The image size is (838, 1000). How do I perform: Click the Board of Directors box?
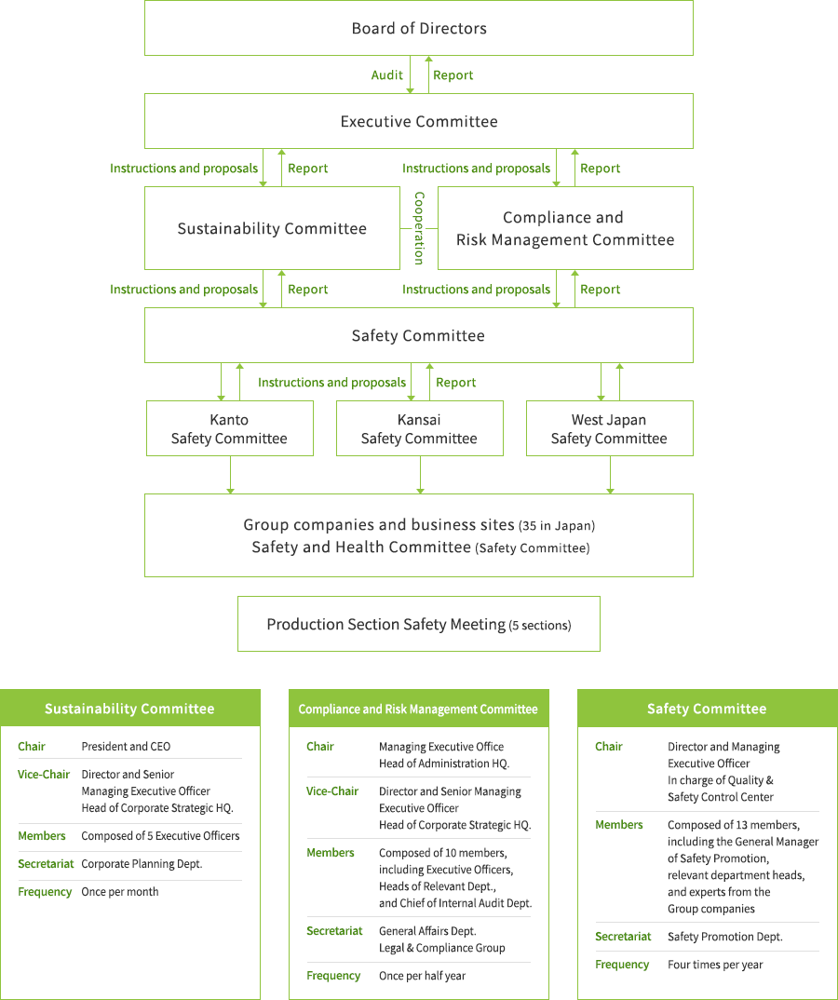tap(419, 28)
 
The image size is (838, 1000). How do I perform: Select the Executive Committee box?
tap(419, 121)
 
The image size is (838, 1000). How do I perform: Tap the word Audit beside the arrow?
tap(387, 75)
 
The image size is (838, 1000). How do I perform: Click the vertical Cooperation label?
tap(419, 228)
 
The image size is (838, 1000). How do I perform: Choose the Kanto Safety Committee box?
tap(229, 429)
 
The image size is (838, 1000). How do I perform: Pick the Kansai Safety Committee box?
tap(419, 429)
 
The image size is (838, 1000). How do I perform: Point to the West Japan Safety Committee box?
tap(609, 429)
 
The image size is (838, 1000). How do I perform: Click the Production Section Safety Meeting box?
tap(419, 624)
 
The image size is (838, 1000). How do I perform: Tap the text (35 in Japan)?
tap(557, 526)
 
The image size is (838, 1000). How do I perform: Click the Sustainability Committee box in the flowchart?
tap(272, 228)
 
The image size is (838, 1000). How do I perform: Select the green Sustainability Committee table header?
tap(129, 709)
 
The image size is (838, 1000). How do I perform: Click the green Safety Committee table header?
tap(707, 709)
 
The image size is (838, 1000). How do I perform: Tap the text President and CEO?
tap(126, 746)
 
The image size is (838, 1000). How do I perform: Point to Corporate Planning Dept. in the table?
tap(142, 863)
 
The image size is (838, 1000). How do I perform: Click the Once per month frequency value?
tap(120, 891)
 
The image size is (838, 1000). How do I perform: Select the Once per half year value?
tap(422, 975)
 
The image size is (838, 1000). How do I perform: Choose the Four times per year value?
tap(715, 964)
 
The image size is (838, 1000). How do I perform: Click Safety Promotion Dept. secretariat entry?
tap(724, 936)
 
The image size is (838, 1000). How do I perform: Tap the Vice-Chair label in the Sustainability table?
tap(44, 774)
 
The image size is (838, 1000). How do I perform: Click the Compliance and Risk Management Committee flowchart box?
tap(565, 228)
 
